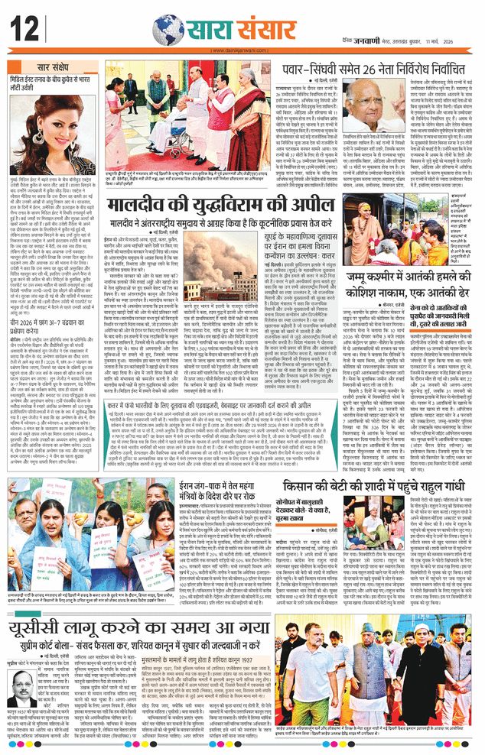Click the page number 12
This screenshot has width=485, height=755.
pos(25,31)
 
